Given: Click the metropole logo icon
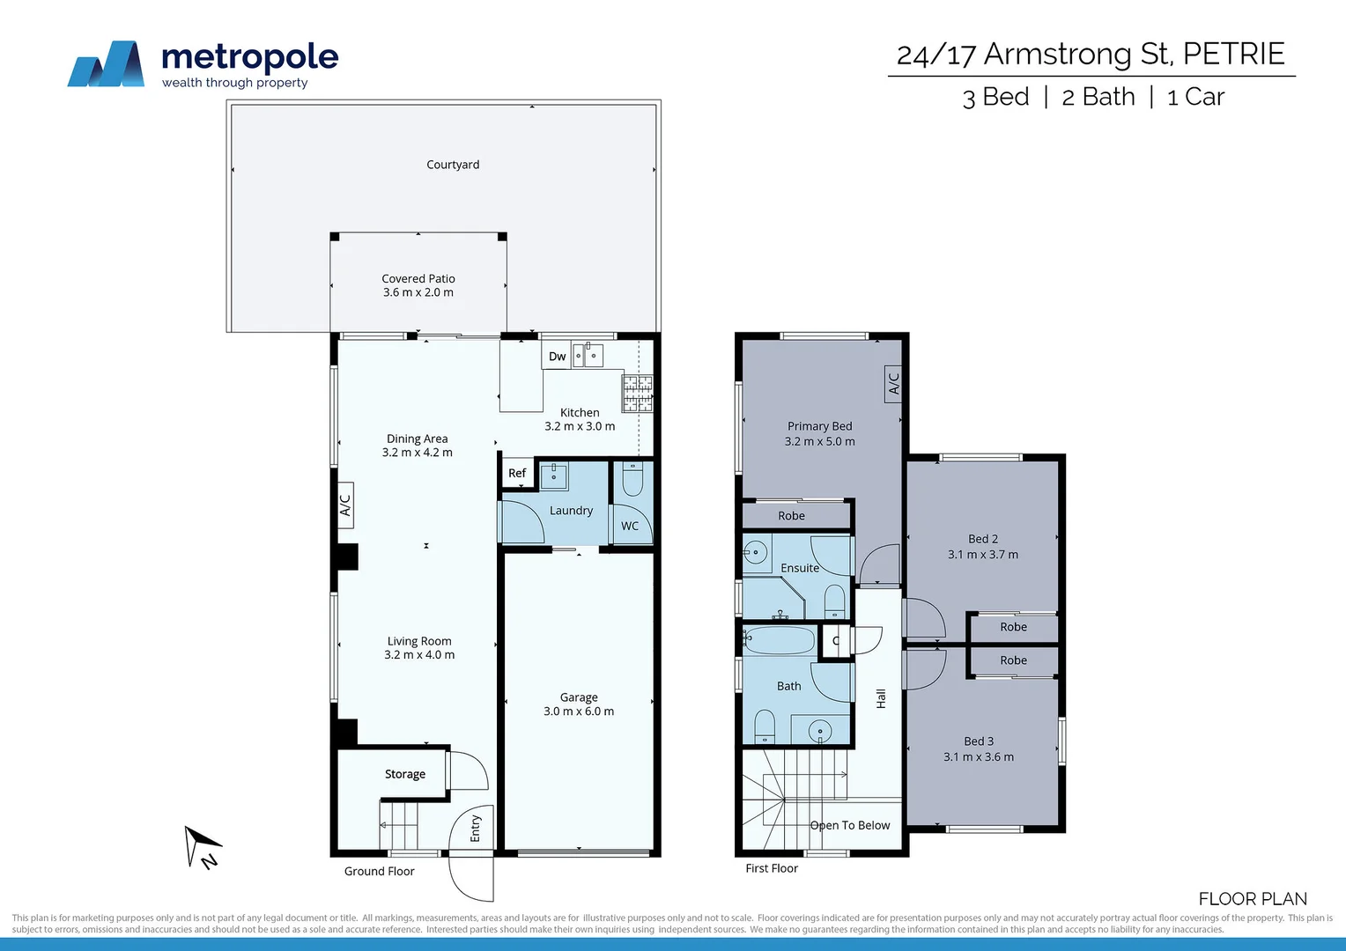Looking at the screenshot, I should click(107, 64).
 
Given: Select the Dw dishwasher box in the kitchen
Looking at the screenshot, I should click(557, 357).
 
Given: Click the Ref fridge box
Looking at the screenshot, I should click(517, 473).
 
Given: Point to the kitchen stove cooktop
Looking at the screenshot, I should click(637, 393).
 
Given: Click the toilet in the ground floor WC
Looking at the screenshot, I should click(632, 479).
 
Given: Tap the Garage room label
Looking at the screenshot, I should click(579, 697).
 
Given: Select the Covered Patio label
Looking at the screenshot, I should click(418, 278).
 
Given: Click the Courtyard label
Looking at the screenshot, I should click(453, 165).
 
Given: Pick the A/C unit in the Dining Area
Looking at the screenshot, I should click(345, 505).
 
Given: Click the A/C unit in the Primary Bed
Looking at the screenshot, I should click(893, 384).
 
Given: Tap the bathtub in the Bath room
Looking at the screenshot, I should click(780, 640).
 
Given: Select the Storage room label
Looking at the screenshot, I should click(405, 774).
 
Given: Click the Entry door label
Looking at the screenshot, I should click(476, 828).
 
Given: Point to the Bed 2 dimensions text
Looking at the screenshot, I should click(983, 555).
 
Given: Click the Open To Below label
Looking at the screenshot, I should click(850, 825).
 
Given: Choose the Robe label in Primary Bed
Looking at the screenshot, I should click(791, 516).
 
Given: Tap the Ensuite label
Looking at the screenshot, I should click(800, 568).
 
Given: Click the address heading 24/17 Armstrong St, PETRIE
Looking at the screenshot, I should click(1091, 54).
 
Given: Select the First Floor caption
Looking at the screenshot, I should click(772, 868).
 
